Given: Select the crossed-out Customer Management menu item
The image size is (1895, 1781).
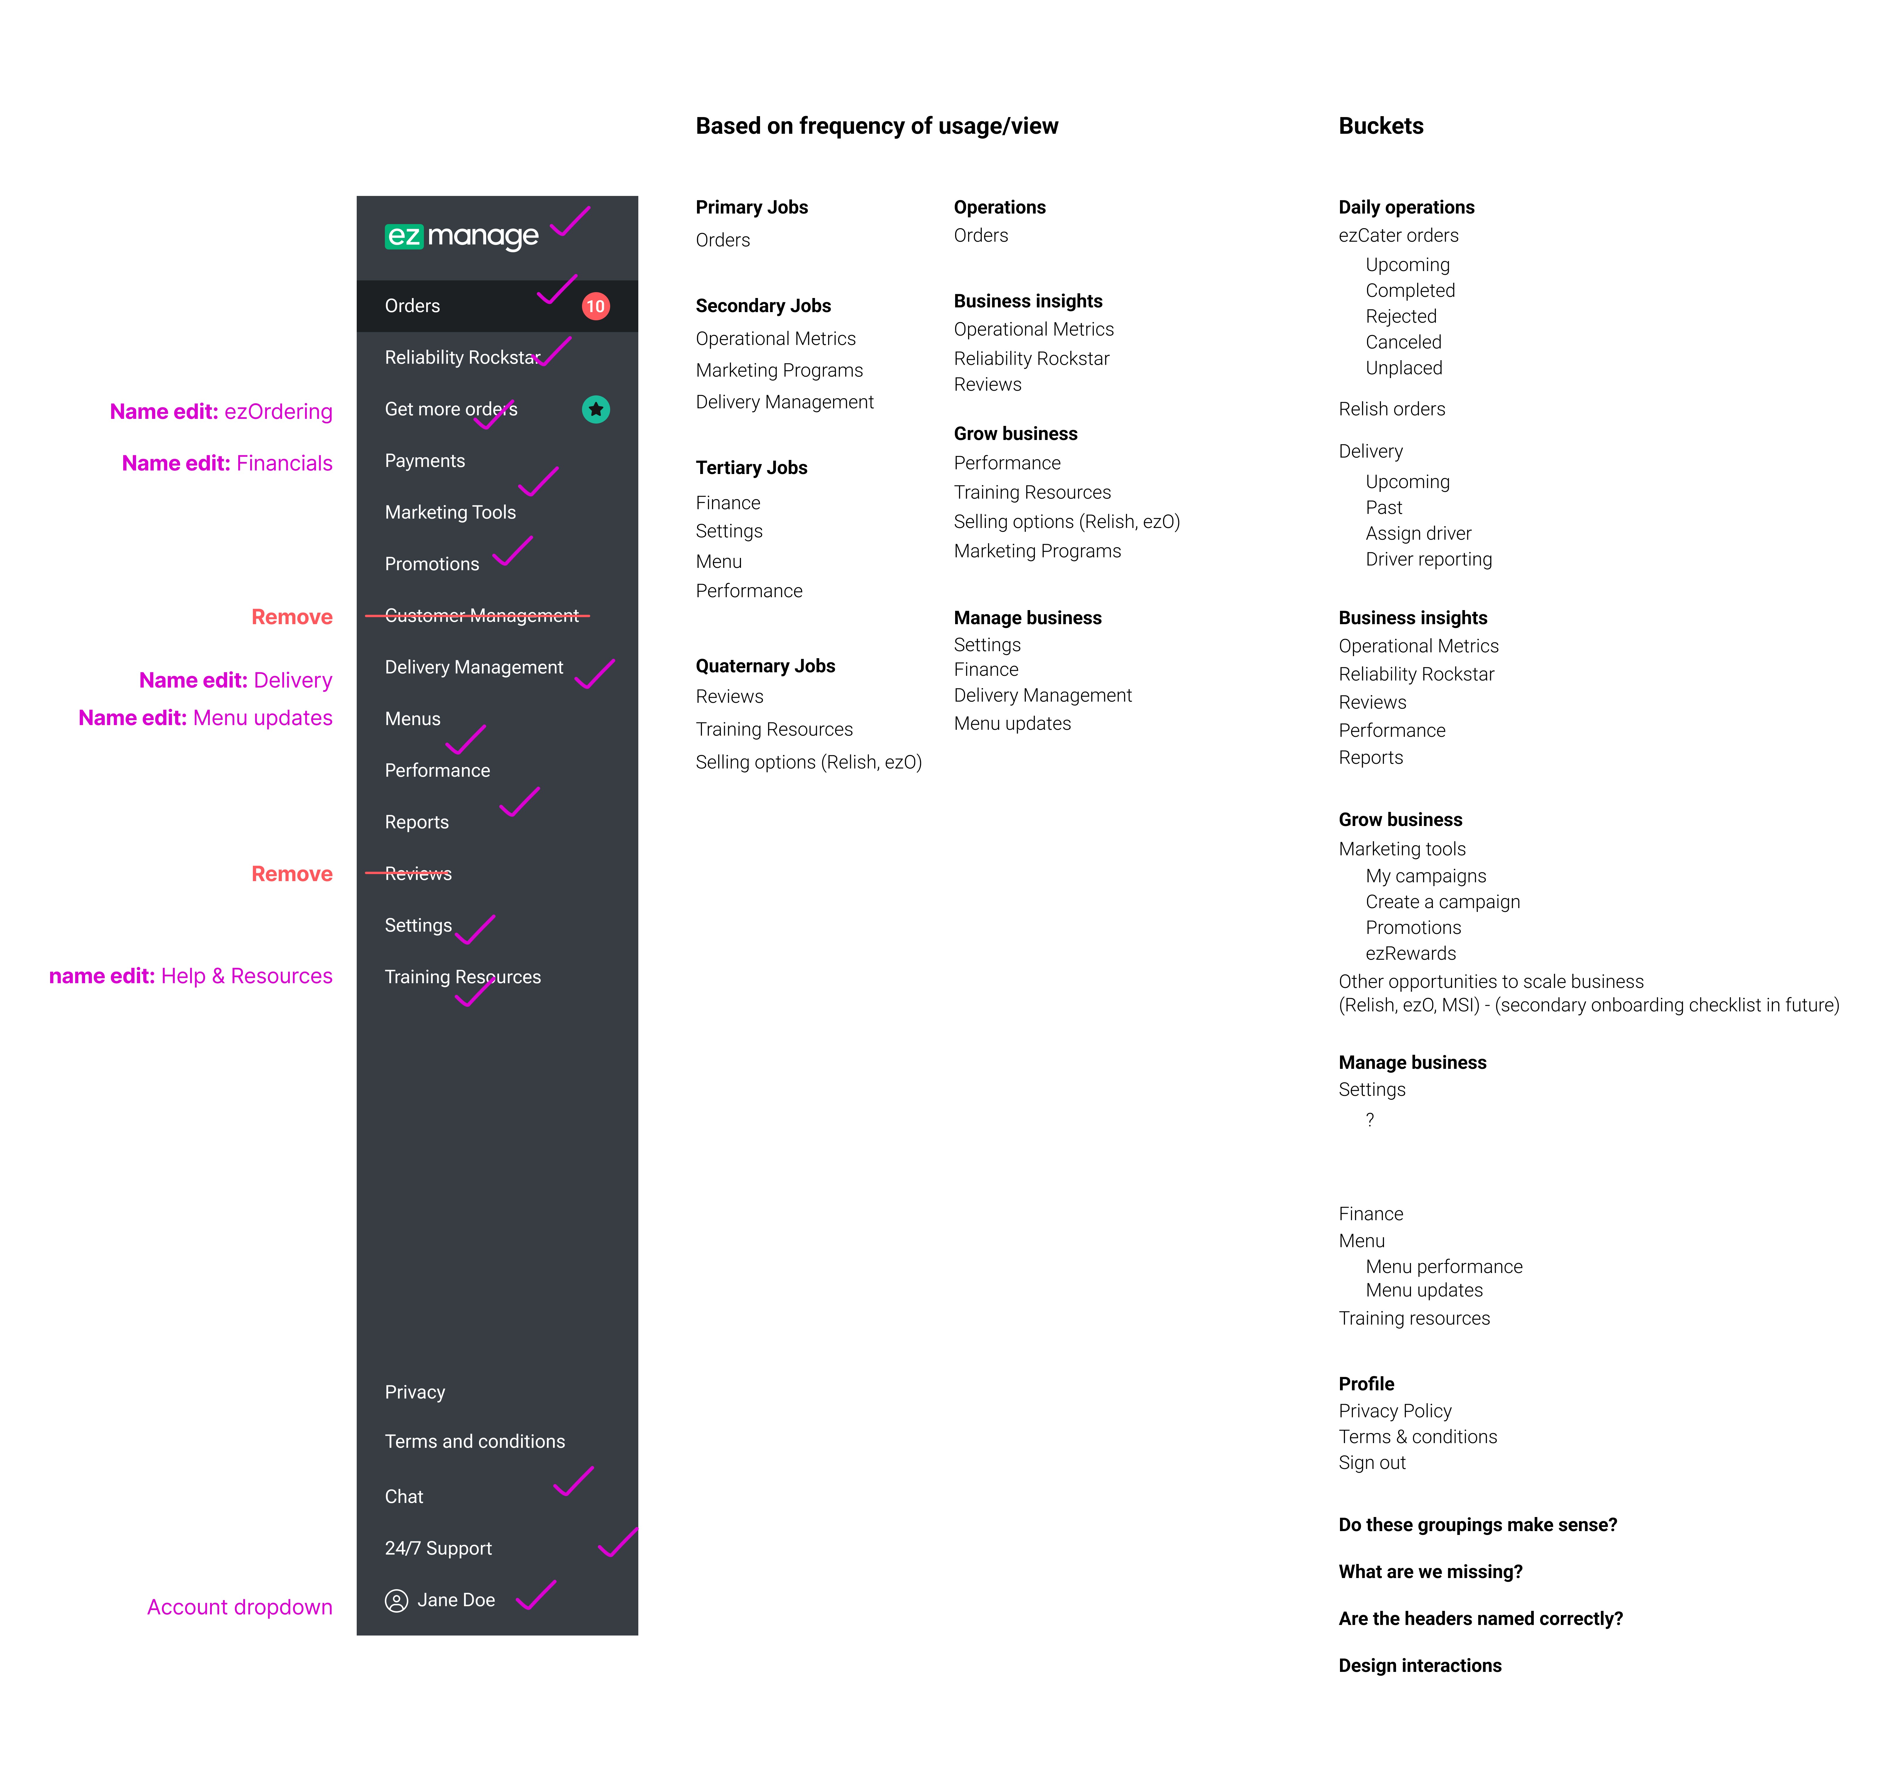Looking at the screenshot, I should (x=481, y=616).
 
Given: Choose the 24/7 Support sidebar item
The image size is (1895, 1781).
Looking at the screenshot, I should (x=439, y=1548).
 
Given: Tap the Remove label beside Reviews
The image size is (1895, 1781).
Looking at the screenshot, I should (x=292, y=874).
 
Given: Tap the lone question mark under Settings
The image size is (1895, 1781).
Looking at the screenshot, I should (x=1370, y=1120).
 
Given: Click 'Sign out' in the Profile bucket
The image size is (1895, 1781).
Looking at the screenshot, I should (x=1372, y=1463).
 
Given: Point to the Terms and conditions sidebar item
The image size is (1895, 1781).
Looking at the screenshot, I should (x=475, y=1442).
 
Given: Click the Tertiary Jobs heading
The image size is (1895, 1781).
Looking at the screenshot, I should (x=751, y=468).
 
